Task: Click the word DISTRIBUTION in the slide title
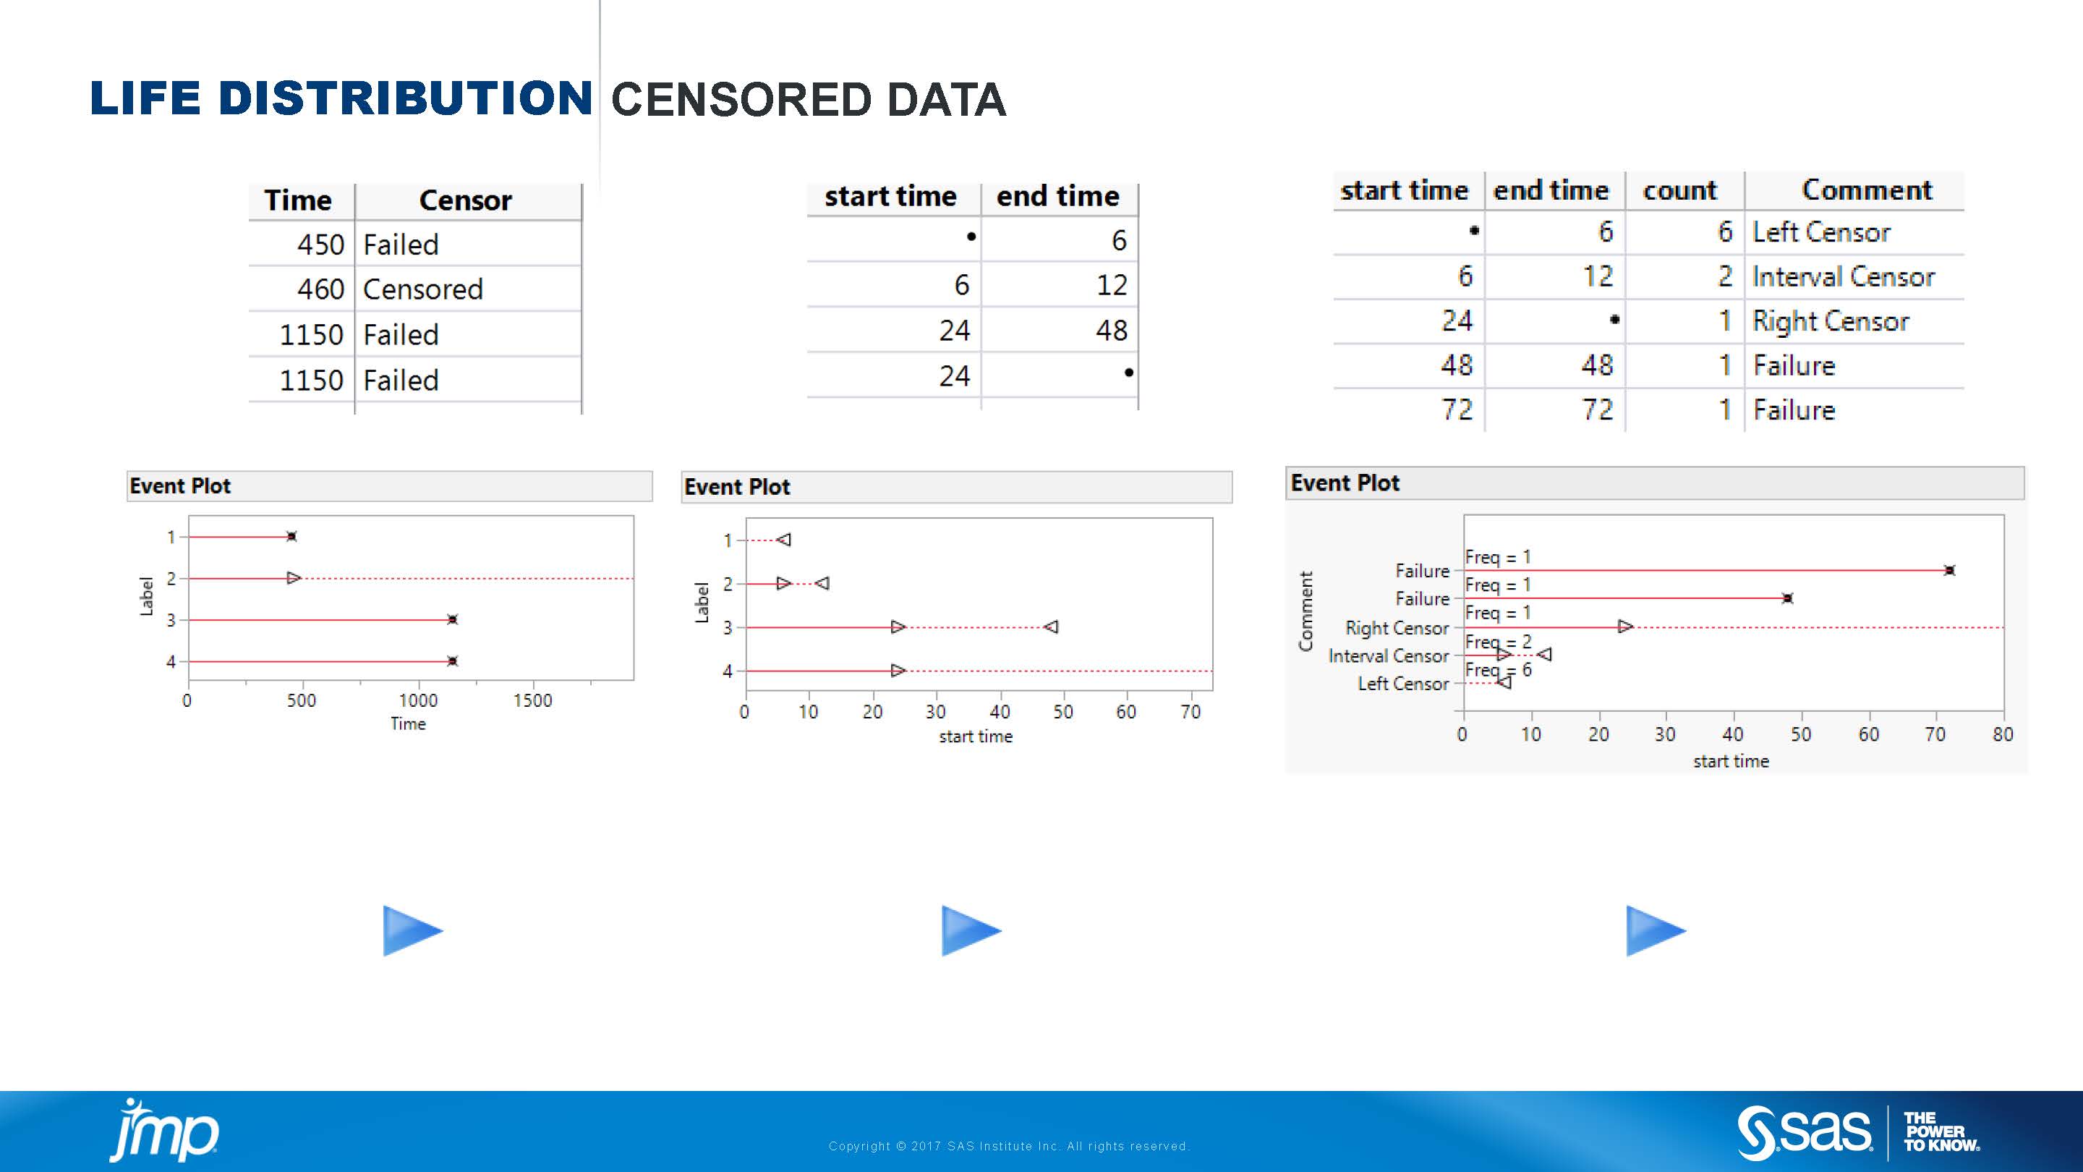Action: click(x=406, y=98)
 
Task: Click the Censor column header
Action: click(x=466, y=200)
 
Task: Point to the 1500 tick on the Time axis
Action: click(x=533, y=700)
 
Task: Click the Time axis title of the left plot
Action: click(x=409, y=724)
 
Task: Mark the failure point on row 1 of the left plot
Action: click(x=292, y=536)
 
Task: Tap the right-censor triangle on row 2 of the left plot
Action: click(x=294, y=577)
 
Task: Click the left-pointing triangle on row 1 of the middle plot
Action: click(x=783, y=540)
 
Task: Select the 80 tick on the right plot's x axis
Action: click(x=2002, y=734)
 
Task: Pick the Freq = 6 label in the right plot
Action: click(x=1499, y=670)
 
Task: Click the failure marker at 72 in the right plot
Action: click(x=1950, y=570)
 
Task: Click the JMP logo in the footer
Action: click(x=164, y=1130)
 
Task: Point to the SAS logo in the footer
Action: click(x=1804, y=1131)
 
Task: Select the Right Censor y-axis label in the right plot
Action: click(x=1397, y=628)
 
